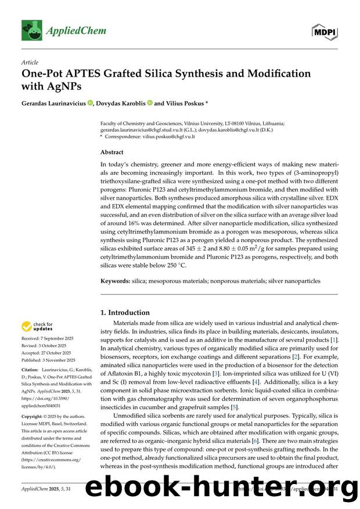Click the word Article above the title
click(x=29, y=62)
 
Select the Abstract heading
click(x=112, y=152)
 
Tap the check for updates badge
click(x=38, y=326)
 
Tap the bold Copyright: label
click(x=34, y=417)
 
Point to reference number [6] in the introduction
click(x=254, y=441)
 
